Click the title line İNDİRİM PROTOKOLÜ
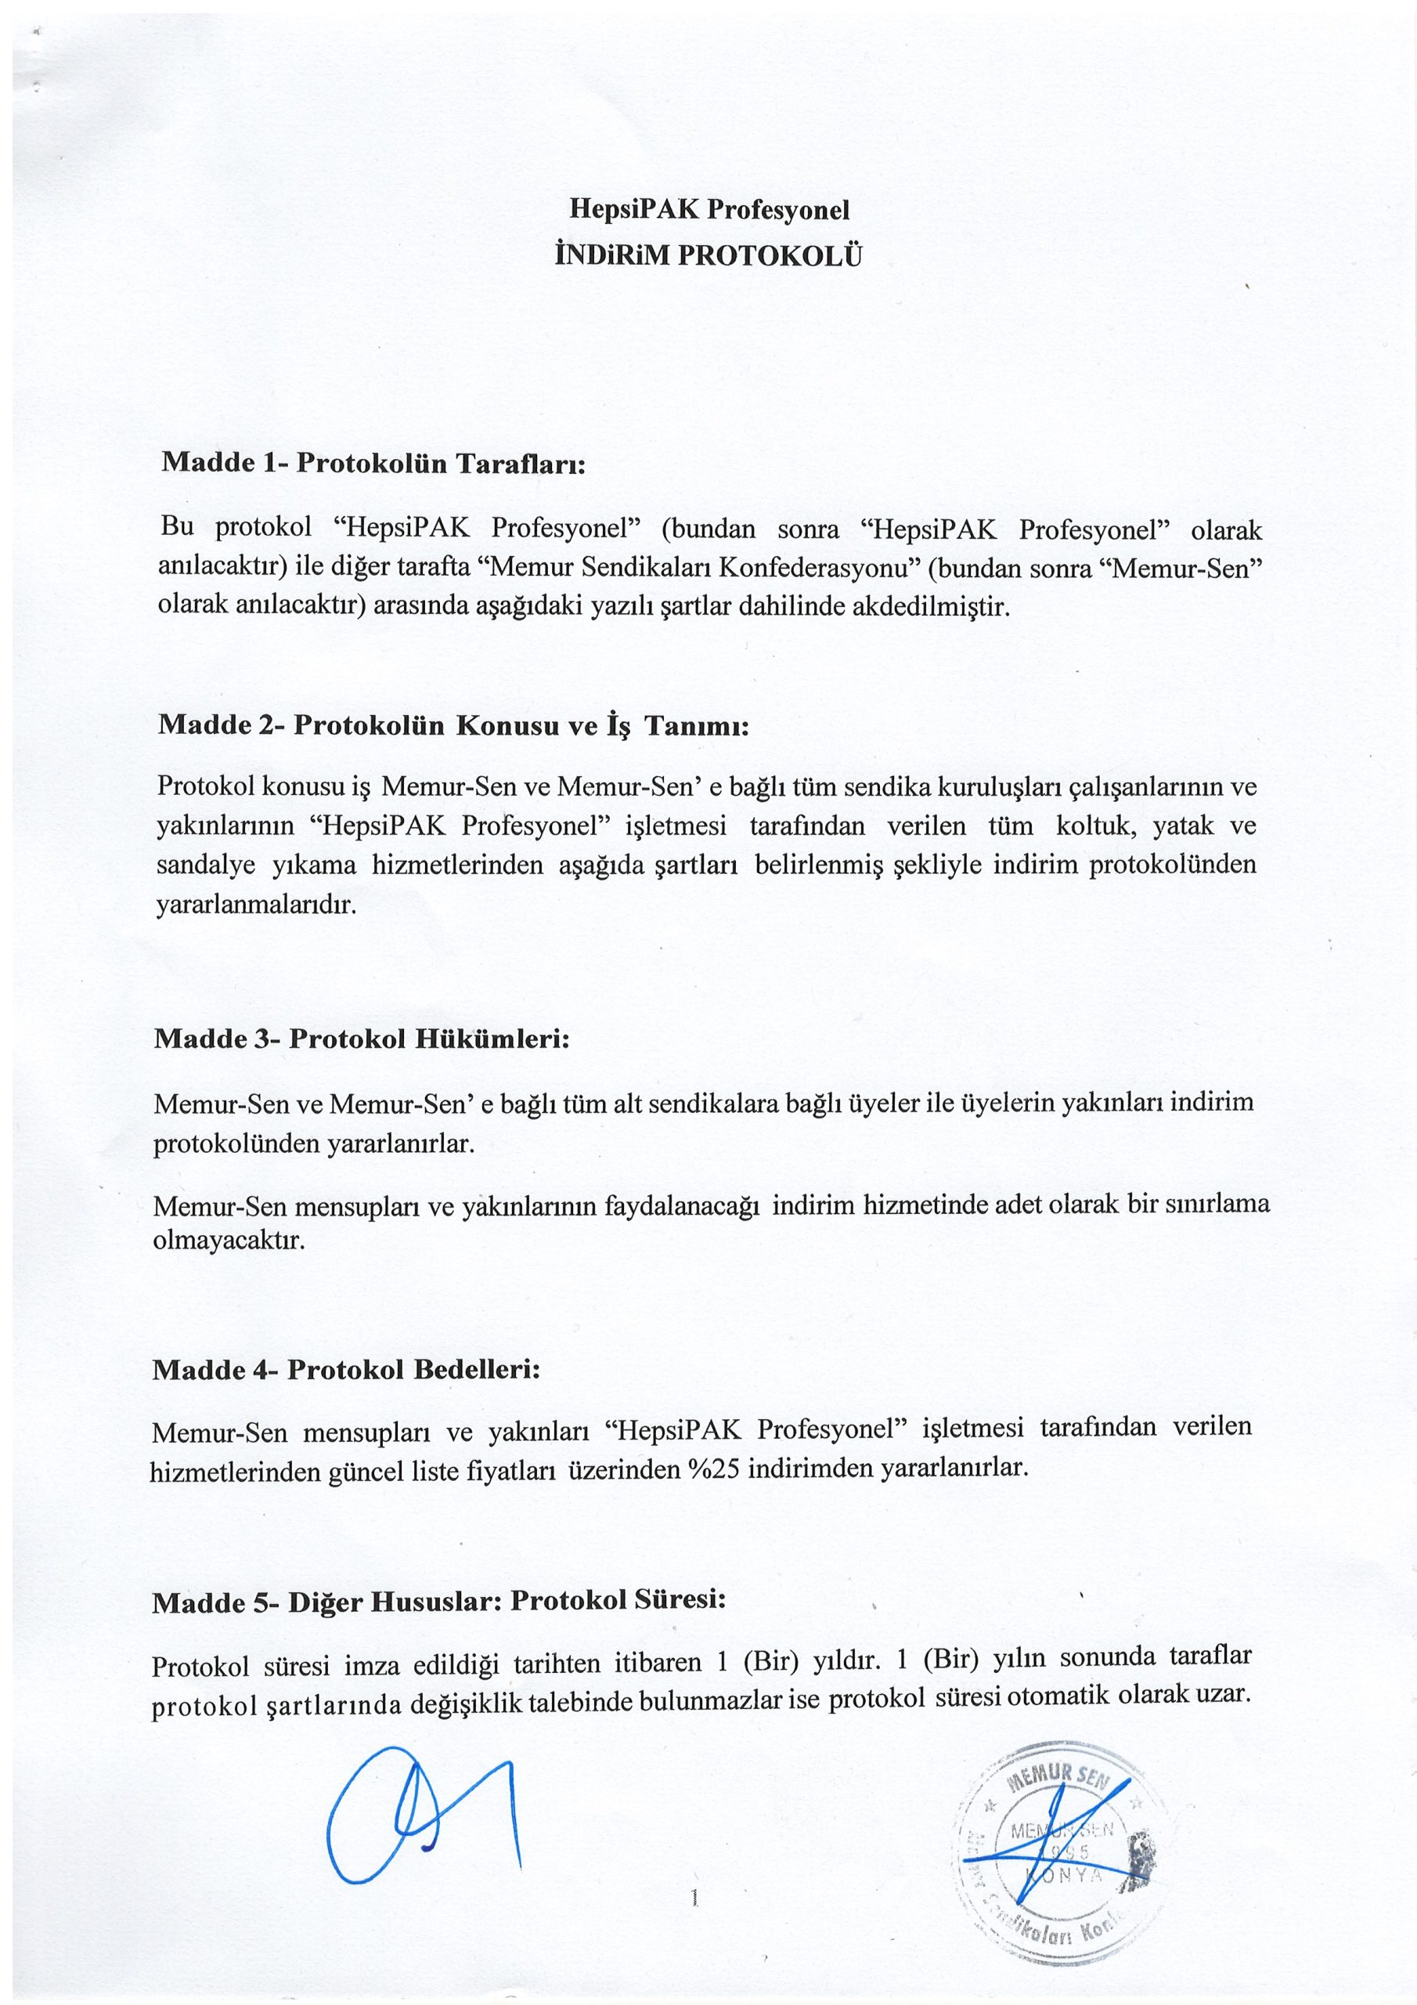pos(708,256)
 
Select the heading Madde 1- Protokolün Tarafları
pos(372,462)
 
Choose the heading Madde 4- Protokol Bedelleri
pos(347,1369)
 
